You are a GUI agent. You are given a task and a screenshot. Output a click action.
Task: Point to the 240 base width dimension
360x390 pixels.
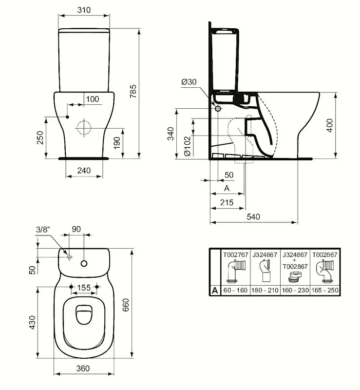[x=84, y=170]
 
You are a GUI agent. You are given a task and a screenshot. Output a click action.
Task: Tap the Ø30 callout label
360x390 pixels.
[x=189, y=82]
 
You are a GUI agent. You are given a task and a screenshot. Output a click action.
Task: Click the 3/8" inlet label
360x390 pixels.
[x=45, y=230]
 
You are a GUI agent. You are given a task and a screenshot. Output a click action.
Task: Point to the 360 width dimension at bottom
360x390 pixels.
[x=84, y=369]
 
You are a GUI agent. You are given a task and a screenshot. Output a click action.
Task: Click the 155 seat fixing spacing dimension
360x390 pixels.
[x=84, y=288]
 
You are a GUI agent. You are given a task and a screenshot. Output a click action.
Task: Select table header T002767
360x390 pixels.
[x=235, y=254]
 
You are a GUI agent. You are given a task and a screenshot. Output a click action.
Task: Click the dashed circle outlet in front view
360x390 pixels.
[x=84, y=127]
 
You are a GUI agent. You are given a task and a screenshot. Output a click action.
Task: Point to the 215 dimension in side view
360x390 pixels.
[x=227, y=202]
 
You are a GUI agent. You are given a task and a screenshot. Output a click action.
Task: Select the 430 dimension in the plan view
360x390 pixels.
[x=33, y=322]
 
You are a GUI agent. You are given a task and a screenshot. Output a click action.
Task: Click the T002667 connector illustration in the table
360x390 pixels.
[x=325, y=271]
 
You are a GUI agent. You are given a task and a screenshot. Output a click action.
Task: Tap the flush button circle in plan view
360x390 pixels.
[x=84, y=264]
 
